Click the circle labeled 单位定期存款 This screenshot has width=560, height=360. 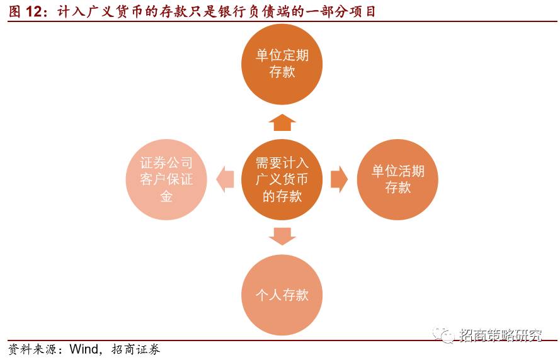click(x=282, y=64)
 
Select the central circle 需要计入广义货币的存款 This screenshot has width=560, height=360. click(x=282, y=179)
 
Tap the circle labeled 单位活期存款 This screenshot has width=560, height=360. click(x=397, y=179)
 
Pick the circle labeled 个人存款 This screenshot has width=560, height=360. click(x=282, y=295)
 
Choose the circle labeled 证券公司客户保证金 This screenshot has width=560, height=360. click(x=166, y=179)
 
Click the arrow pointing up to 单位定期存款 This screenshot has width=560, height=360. click(x=282, y=122)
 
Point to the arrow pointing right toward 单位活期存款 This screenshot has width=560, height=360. click(x=339, y=179)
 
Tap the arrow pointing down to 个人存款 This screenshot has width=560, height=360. click(x=282, y=236)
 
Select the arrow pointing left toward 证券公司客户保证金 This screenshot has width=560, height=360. click(x=224, y=179)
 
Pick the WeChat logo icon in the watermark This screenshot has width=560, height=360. click(x=446, y=335)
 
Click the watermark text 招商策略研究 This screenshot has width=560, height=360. click(x=501, y=335)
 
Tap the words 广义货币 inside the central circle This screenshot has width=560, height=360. click(x=282, y=179)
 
